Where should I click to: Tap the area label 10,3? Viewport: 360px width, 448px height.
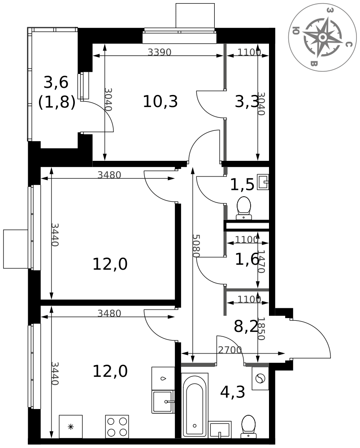(x=160, y=102)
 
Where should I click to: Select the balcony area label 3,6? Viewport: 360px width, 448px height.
(x=56, y=82)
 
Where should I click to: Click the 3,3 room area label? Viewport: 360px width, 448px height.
(x=247, y=102)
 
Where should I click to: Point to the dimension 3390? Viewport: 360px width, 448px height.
(x=160, y=52)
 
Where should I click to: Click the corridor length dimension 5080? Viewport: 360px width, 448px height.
(x=195, y=246)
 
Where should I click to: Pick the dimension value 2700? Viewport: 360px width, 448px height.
(x=230, y=350)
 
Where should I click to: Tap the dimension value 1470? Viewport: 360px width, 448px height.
(x=262, y=262)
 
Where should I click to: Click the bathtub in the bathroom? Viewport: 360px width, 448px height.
(x=194, y=404)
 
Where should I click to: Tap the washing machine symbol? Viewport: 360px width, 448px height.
(x=260, y=379)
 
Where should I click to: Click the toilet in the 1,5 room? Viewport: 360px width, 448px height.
(x=243, y=207)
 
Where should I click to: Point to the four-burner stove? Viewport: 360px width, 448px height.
(x=117, y=426)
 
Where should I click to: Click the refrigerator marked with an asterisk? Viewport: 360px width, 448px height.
(x=70, y=426)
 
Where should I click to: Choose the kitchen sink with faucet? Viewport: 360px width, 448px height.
(x=162, y=401)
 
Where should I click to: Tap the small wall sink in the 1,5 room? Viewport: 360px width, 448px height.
(x=264, y=182)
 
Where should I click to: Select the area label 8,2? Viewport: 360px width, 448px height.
(x=246, y=327)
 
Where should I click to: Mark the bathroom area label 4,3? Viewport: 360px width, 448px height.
(x=232, y=392)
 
